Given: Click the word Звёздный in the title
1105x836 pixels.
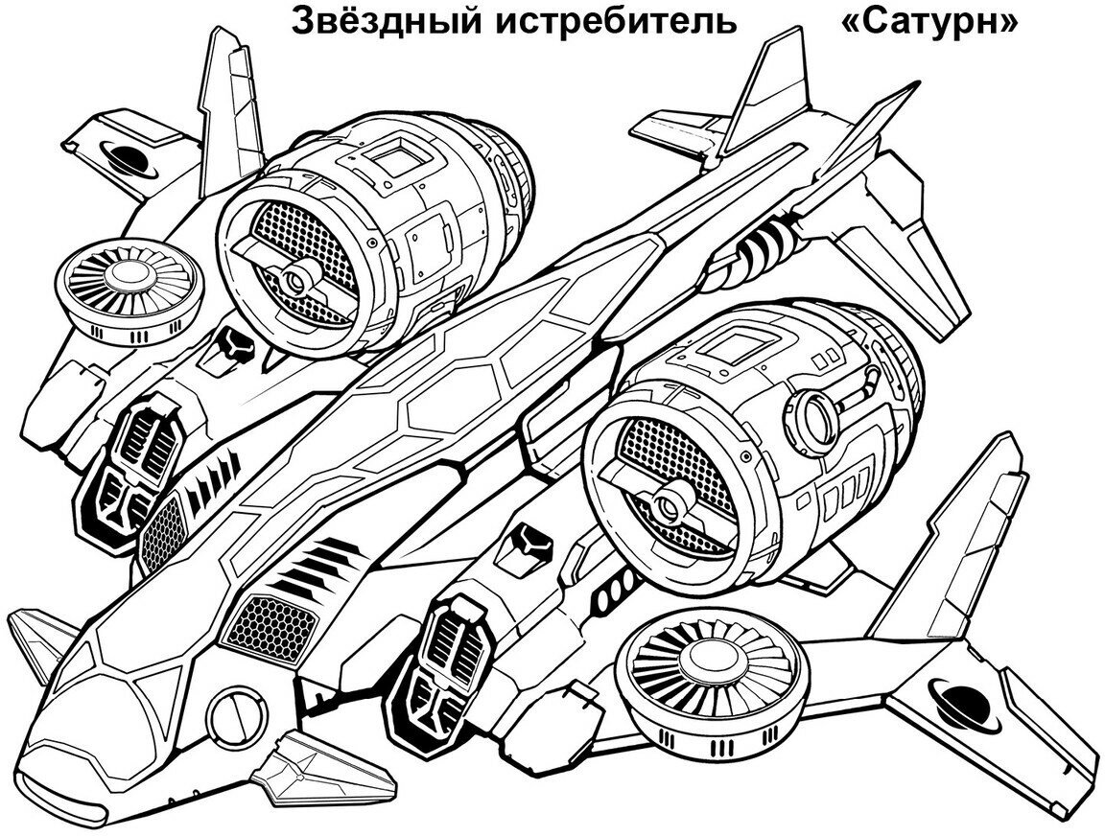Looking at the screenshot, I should click(x=386, y=20).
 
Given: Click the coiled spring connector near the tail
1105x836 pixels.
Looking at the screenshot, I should click(x=768, y=244).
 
